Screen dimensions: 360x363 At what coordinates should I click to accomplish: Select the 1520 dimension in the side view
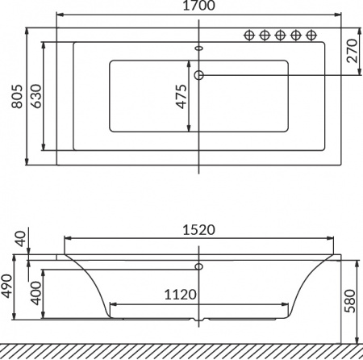coord(198,229)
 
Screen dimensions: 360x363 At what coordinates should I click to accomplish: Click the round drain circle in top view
coord(199,75)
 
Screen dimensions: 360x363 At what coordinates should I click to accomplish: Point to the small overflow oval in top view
coord(199,48)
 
